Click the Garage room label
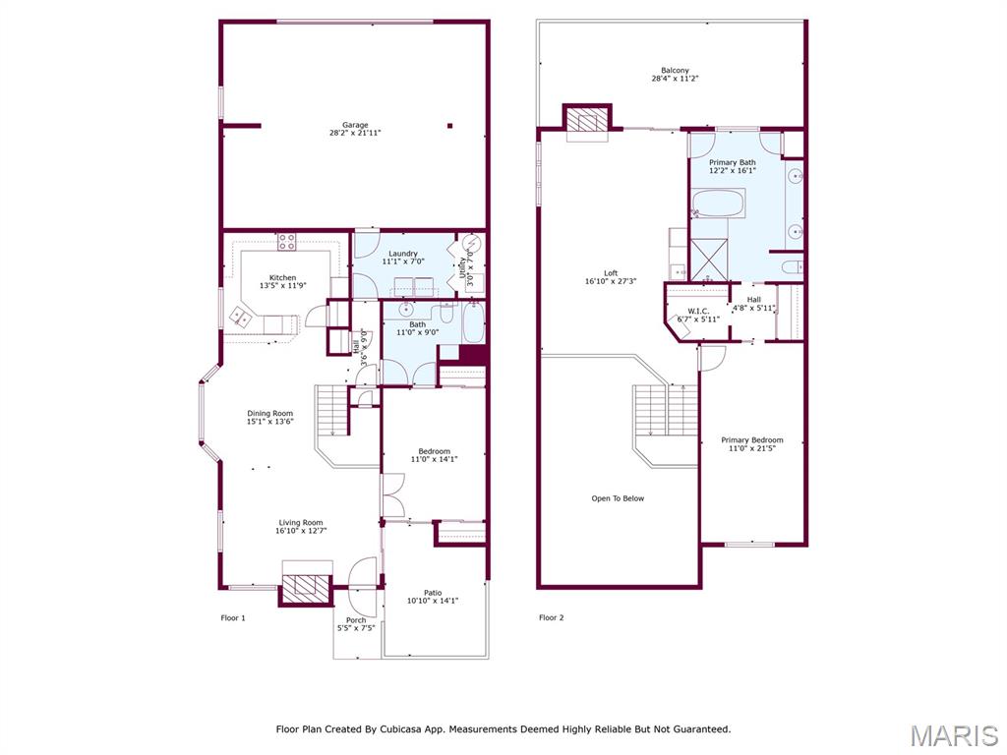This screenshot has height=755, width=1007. coord(355,125)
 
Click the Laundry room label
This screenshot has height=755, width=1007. coord(403,254)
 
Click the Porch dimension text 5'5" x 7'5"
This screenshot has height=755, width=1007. coord(356,628)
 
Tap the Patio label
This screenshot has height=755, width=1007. coord(433,593)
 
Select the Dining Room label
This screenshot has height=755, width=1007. coord(269,413)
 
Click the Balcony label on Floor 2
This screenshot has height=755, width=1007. coord(675,71)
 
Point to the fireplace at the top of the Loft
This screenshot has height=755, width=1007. coord(588,120)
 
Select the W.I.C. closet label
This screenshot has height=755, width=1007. coord(698,311)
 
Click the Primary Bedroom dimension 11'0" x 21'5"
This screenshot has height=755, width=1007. coord(755,449)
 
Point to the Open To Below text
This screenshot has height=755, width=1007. coord(618,498)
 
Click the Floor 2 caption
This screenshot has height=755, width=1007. coord(552,618)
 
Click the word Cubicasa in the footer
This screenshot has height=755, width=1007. coord(424,729)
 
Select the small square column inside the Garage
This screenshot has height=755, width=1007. coord(449,125)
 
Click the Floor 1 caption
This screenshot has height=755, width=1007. coord(232,618)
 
